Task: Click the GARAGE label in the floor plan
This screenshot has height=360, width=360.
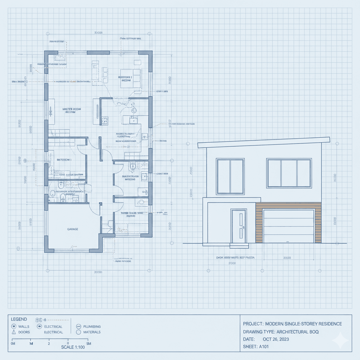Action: coord(72,229)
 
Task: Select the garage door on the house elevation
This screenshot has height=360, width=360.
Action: coord(288,226)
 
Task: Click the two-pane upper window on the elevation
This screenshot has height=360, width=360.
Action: coord(230,176)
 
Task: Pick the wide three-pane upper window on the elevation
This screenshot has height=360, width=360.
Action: coord(289,173)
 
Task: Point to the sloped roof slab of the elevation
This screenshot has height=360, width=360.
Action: coord(264,142)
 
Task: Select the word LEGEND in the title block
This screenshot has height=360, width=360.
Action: coord(19,319)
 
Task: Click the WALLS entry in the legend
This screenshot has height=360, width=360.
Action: coord(24,327)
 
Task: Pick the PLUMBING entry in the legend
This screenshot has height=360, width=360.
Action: coord(92,327)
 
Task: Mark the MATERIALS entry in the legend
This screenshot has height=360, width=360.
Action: coord(91,332)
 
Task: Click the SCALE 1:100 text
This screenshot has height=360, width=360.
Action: coord(73,347)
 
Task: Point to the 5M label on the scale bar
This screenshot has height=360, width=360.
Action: coord(89,343)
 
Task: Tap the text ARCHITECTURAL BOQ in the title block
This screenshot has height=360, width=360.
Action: coord(297,332)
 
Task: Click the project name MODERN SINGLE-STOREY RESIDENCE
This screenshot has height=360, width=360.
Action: coord(303,324)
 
